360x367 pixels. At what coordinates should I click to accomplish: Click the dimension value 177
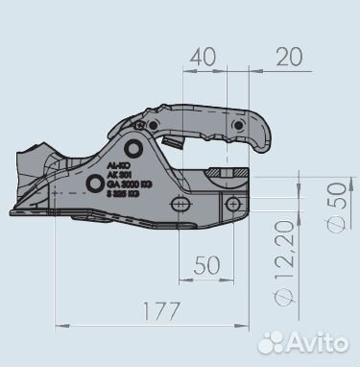pyautogui.click(x=143, y=309)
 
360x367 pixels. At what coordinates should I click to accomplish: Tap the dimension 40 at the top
pyautogui.click(x=203, y=57)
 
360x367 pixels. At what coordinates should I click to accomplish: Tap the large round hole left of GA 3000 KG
pyautogui.click(x=94, y=183)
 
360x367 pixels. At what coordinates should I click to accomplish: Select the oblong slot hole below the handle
pyautogui.click(x=180, y=206)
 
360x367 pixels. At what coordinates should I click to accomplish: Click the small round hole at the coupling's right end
pyautogui.click(x=230, y=204)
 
